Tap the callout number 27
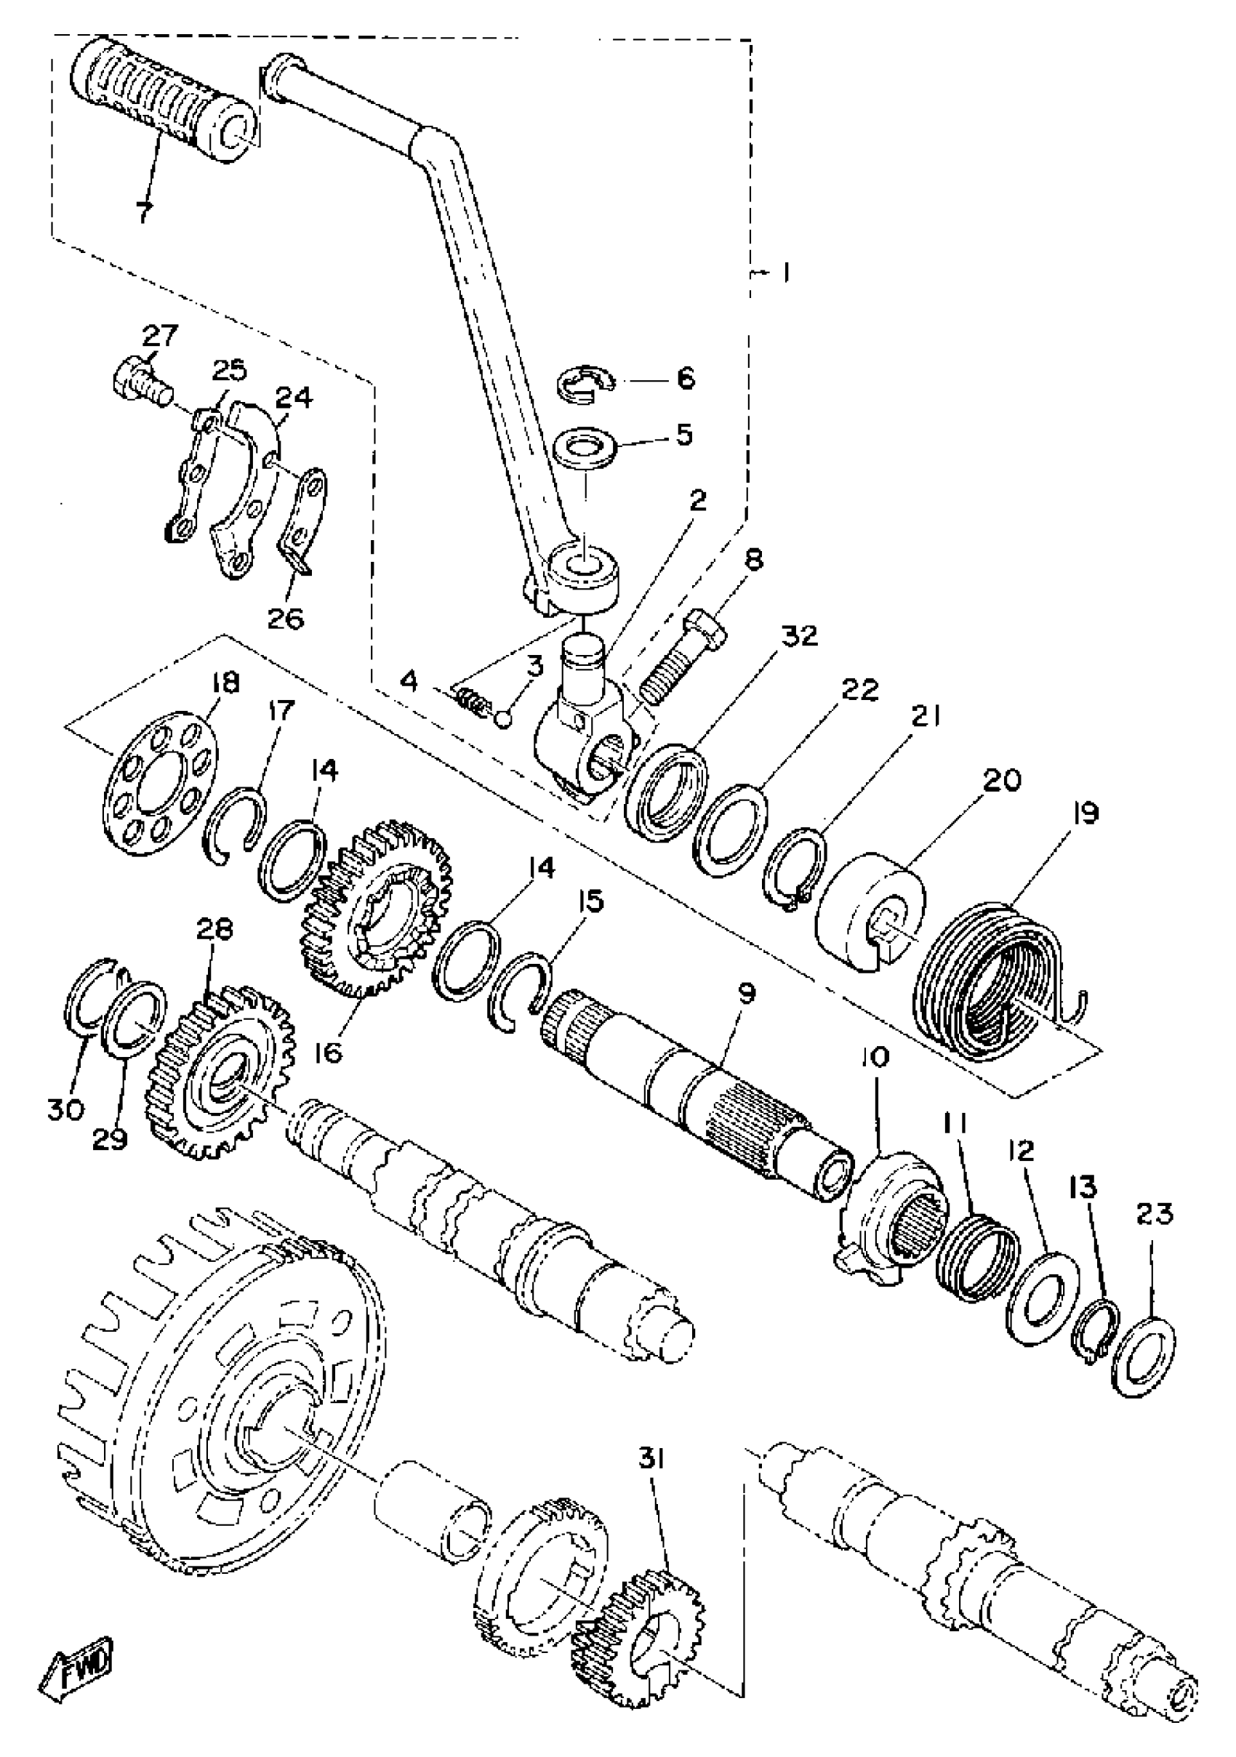[x=159, y=336]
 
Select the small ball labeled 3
[x=502, y=720]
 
